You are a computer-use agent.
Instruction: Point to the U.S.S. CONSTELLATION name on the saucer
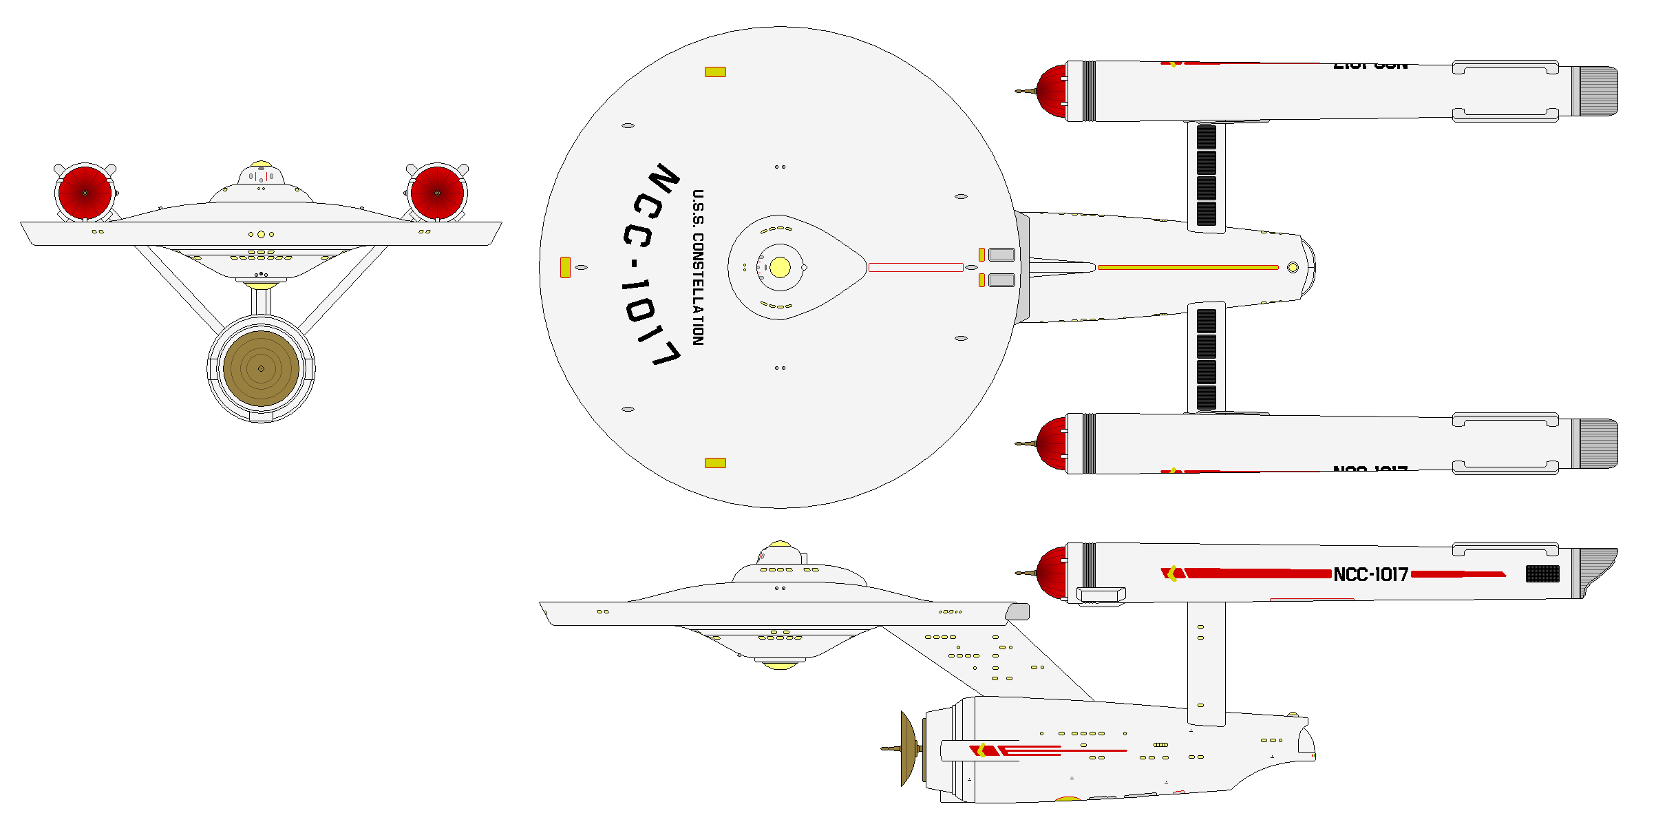coord(697,267)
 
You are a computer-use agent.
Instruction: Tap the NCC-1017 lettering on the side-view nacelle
coord(1370,574)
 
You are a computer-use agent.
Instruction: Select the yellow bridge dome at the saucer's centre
coord(780,267)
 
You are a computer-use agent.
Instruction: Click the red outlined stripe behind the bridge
coord(915,267)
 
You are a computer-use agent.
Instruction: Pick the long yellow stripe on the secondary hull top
coord(1188,267)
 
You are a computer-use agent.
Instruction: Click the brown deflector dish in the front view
coord(261,368)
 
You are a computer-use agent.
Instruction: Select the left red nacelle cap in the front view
coord(85,193)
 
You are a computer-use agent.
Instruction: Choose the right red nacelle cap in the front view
coord(437,193)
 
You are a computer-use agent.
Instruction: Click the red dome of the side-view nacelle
coord(1051,573)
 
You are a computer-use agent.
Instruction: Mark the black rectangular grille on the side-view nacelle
coord(1542,573)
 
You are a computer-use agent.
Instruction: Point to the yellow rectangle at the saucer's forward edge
coord(565,267)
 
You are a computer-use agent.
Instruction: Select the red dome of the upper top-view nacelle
coord(1051,91)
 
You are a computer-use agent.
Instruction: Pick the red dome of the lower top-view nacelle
coord(1051,443)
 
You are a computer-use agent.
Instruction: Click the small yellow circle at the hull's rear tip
coord(1293,267)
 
